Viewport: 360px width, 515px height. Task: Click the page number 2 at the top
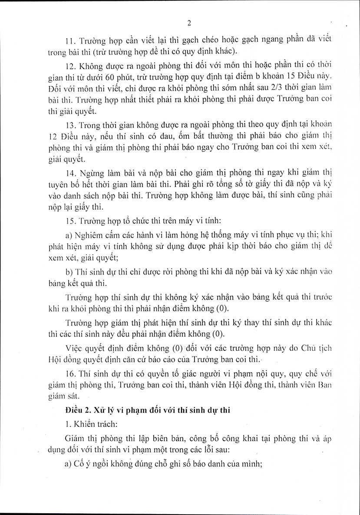click(189, 23)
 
